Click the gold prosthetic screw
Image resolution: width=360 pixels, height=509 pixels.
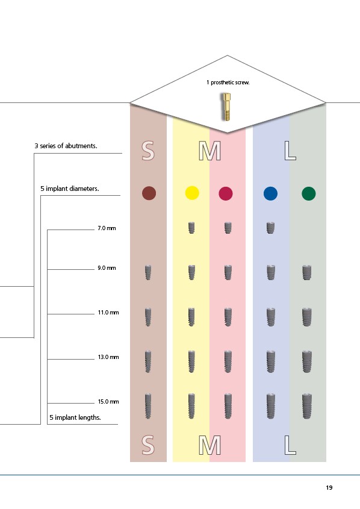pos(227,107)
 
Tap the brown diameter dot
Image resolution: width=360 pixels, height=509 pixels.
pos(149,193)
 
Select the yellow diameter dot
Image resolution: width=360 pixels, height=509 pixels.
pos(192,193)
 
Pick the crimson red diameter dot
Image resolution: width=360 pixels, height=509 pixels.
pos(226,193)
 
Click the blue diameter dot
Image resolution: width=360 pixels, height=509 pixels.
pos(270,193)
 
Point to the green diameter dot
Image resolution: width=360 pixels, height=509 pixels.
pos(308,193)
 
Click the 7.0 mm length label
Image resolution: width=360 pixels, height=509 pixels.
pos(107,228)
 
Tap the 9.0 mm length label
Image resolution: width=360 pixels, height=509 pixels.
pos(107,268)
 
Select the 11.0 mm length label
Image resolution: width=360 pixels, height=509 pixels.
pos(108,313)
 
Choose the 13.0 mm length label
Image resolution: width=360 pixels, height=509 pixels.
pos(108,357)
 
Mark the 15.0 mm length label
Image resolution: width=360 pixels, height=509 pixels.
pos(108,402)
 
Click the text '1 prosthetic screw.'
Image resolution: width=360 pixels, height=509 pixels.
pos(228,83)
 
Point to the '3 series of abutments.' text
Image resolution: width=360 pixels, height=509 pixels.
pos(66,146)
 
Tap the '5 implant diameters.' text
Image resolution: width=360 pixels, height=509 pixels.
pos(70,189)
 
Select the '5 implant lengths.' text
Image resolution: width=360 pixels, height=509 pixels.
pos(75,417)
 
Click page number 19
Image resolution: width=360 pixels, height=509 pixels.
pos(329,487)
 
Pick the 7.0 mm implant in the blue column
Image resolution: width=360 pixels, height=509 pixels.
pos(270,228)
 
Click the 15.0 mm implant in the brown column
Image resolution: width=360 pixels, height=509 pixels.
pos(148,406)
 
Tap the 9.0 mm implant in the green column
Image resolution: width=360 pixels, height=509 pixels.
pos(306,272)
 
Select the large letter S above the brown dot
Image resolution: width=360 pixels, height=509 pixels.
pos(148,151)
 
